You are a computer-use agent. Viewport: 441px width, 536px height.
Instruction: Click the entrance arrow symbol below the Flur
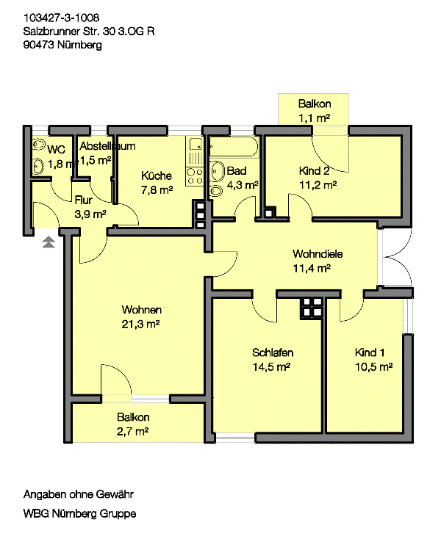49,242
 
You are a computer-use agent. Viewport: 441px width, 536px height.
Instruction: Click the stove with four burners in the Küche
195,176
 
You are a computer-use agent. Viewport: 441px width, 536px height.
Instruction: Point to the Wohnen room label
142,310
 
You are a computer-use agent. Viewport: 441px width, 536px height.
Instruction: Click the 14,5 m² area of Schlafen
271,367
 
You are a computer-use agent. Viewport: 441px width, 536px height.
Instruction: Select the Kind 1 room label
370,352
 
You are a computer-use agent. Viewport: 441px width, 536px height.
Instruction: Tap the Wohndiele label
318,254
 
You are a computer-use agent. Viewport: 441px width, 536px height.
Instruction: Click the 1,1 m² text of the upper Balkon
314,118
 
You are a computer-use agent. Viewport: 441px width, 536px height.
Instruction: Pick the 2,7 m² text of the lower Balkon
133,432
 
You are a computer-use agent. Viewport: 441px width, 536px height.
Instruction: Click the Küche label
157,175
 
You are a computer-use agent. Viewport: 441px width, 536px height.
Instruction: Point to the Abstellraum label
107,146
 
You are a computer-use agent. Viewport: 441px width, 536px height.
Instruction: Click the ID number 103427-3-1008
61,18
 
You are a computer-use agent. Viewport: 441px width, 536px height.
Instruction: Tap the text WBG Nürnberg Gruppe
79,513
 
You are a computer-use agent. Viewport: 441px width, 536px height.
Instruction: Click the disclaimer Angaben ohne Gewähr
79,494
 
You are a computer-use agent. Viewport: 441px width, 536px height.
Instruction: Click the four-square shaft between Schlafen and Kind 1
312,308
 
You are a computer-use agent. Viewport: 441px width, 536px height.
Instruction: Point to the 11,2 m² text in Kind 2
318,185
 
